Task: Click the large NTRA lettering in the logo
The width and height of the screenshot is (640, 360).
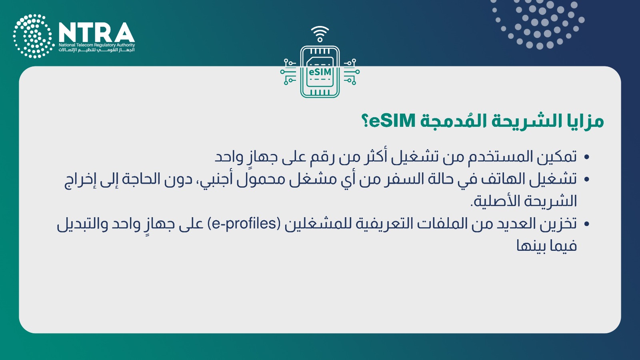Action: [x=96, y=32]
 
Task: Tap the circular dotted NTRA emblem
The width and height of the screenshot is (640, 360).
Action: [x=34, y=36]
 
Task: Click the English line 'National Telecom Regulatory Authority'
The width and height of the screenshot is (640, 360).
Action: [x=97, y=45]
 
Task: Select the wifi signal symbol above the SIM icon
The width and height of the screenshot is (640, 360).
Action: [x=320, y=34]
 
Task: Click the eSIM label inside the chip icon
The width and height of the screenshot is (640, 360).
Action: [x=320, y=72]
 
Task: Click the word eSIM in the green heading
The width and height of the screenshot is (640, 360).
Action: [x=392, y=121]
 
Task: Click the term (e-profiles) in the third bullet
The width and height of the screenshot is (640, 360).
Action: [x=244, y=224]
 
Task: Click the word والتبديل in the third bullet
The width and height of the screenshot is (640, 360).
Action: [x=82, y=224]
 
